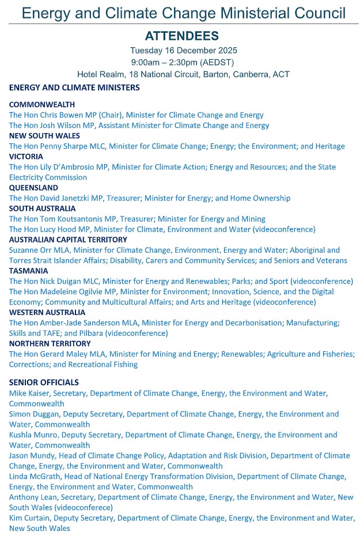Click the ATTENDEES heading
[x=181, y=36]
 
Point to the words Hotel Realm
[x=98, y=74]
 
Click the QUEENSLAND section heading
[x=34, y=188]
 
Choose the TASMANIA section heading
[x=29, y=271]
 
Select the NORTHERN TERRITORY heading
[x=46, y=343]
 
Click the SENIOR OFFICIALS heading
[x=44, y=382]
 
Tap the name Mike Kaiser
[x=28, y=393]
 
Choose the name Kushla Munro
[x=33, y=435]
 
